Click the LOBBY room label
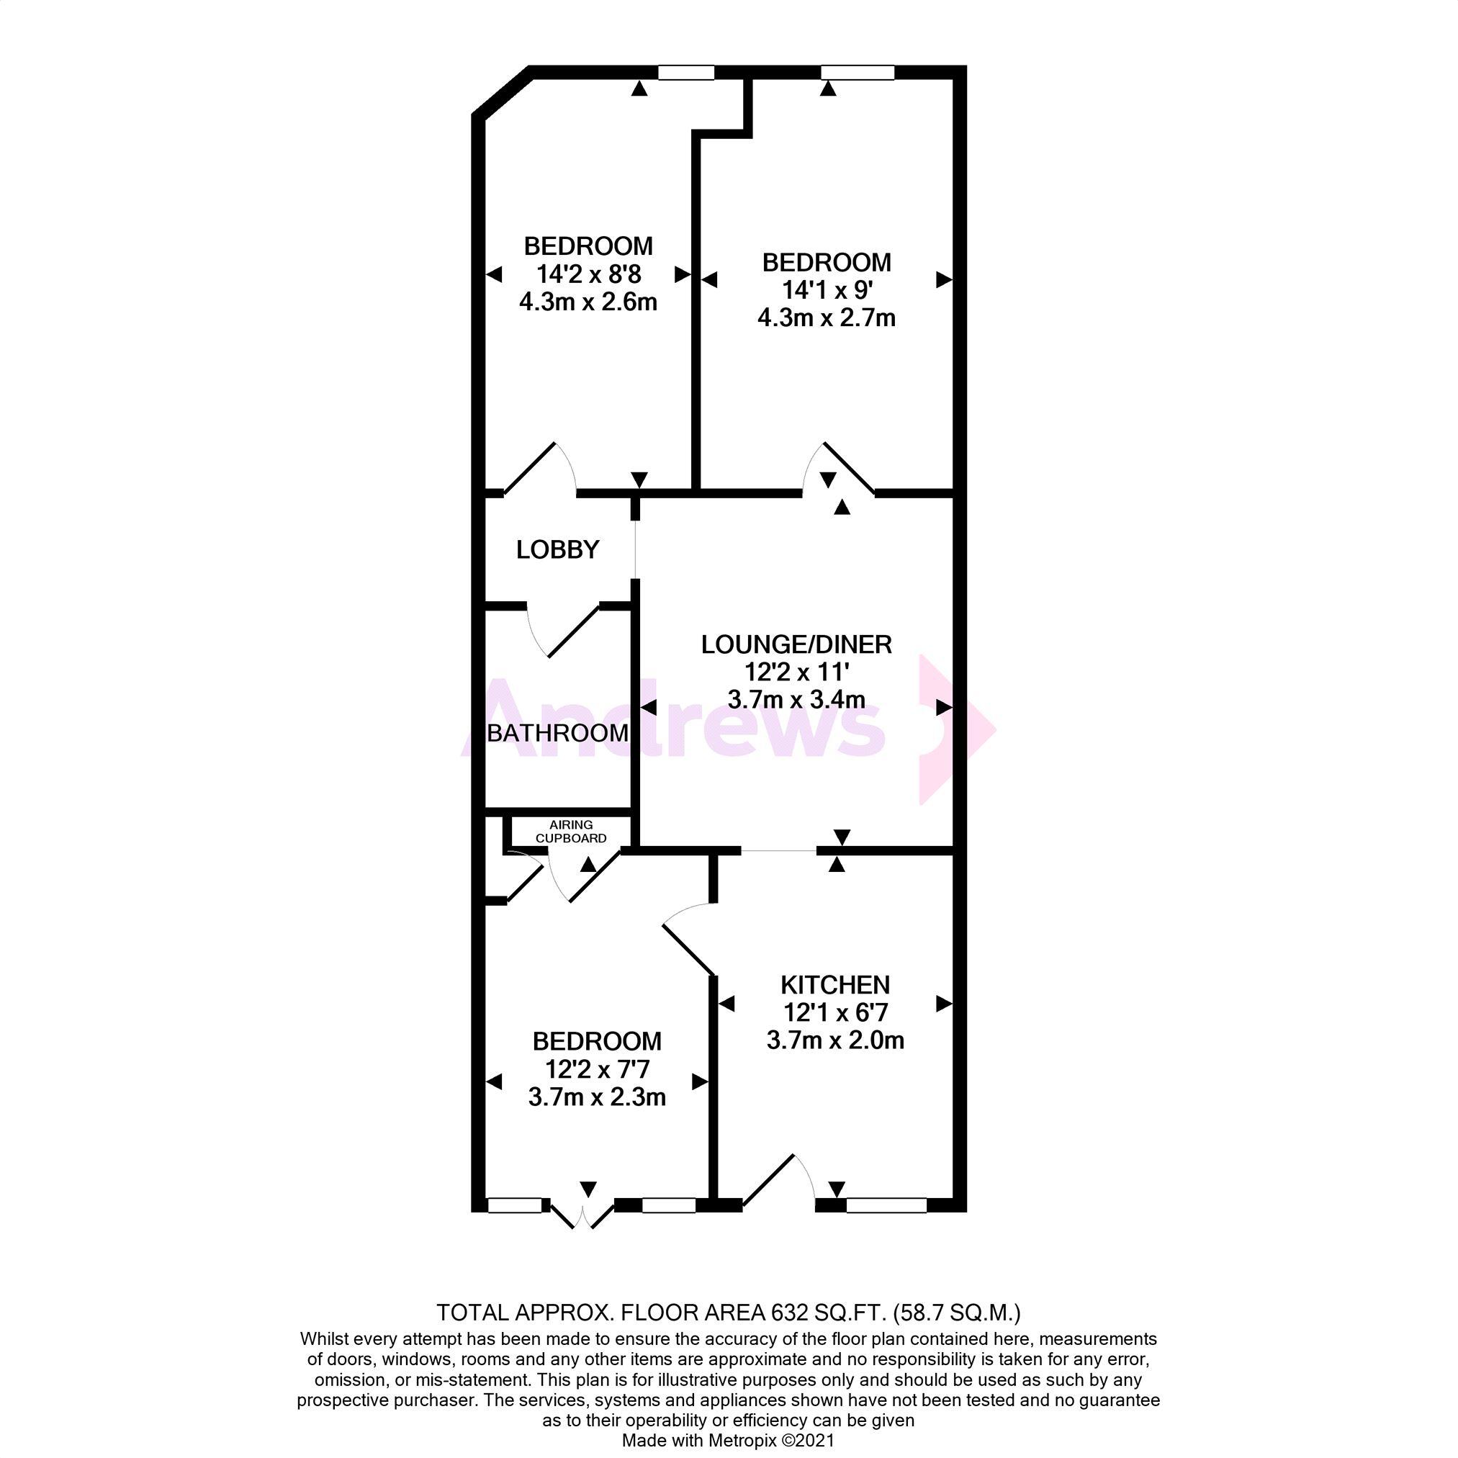point(558,550)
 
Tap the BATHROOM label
point(558,733)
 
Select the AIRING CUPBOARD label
point(570,832)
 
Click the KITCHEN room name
point(835,985)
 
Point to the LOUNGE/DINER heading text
point(796,644)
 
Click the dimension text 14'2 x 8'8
point(589,273)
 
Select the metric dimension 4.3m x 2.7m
point(827,318)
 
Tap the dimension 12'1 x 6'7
point(835,1012)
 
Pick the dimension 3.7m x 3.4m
point(796,700)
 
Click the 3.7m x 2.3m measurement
point(597,1097)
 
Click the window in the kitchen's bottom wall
point(887,1205)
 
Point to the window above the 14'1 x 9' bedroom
point(858,73)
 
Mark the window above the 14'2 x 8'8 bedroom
point(686,73)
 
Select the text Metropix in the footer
point(742,1441)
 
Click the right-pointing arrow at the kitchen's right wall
point(944,1004)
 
